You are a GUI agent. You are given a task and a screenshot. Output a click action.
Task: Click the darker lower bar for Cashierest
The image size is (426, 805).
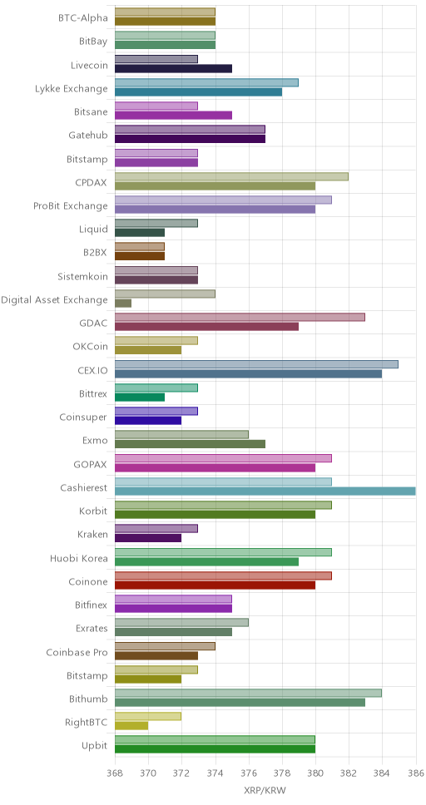265,491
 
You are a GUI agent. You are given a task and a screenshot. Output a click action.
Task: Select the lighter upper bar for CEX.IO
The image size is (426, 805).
256,364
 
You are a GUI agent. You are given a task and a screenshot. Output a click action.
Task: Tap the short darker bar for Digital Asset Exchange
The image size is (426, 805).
123,304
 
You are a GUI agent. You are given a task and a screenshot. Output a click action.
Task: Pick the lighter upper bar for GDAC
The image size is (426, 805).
240,318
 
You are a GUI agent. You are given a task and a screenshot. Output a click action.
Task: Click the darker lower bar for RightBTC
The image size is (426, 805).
131,726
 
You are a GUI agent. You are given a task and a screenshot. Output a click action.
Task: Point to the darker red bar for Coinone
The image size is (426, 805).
215,585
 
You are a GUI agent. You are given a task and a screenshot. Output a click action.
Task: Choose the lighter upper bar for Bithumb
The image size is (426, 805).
248,693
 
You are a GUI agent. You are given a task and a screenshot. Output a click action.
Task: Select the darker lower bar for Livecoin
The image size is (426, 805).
174,69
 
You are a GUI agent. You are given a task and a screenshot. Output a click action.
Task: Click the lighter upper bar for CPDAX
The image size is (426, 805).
232,176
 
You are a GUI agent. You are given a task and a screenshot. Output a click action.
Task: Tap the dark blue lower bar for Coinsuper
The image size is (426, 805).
148,421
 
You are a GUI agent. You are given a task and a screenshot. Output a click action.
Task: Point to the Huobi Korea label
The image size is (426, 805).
79,558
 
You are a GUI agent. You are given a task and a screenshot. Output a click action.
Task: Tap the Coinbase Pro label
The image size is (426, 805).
77,652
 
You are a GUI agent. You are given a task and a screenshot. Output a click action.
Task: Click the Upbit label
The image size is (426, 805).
95,746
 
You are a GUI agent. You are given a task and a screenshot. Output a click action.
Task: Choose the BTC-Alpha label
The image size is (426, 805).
83,18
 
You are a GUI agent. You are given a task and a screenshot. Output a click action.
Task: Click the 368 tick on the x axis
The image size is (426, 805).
115,772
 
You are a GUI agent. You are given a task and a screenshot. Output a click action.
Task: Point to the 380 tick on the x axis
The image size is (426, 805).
315,772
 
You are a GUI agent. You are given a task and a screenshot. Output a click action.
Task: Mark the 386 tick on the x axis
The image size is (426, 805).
415,772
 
